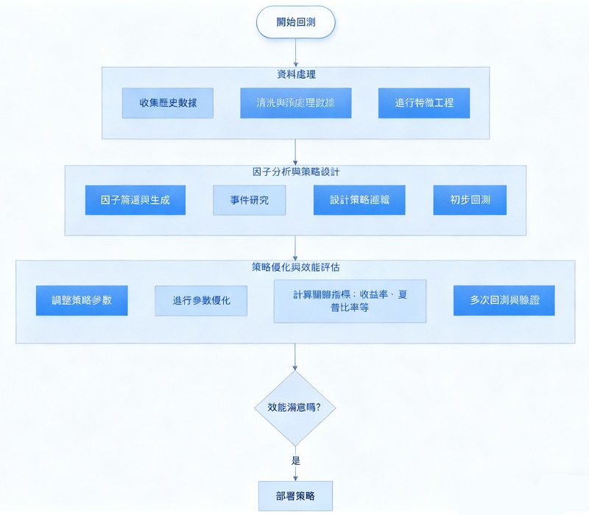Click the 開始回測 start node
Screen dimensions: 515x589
295,22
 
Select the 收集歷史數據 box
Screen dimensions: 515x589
168,103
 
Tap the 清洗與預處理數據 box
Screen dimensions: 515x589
295,103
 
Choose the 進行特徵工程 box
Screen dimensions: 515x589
424,103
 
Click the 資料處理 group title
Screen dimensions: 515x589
295,75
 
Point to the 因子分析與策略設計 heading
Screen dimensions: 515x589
295,172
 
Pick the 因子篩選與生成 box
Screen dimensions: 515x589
135,200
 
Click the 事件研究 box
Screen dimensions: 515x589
250,200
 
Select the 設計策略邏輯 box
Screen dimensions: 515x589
359,200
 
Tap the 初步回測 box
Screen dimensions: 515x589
469,200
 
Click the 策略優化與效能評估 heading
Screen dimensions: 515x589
295,267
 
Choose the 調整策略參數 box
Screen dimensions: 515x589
82,301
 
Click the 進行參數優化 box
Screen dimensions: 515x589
200,301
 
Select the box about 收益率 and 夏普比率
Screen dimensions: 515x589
350,301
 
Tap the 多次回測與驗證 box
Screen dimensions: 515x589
504,301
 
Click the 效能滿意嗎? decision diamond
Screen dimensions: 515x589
295,407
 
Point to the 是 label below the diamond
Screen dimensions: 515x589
296,461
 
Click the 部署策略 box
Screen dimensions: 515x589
295,496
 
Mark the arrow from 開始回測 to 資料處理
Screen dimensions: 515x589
295,51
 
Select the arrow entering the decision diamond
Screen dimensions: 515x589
295,357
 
